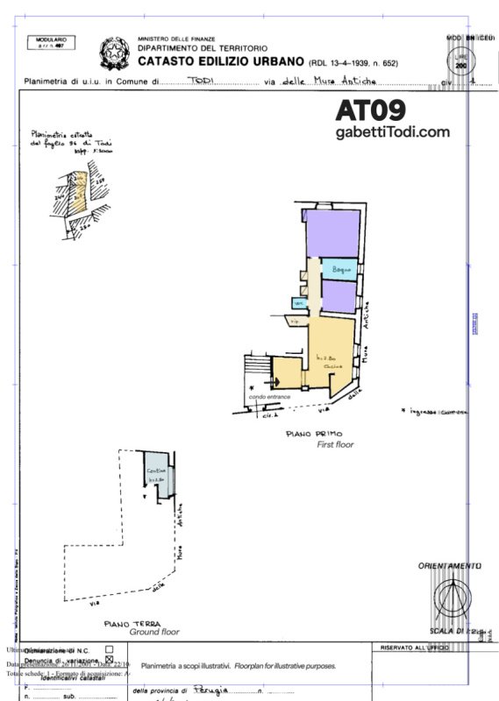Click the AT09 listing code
(370, 110)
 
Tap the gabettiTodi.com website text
(392, 132)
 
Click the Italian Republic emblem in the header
(112, 52)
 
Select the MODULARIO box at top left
(52, 43)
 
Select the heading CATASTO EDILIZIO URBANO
(219, 63)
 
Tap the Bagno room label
(340, 270)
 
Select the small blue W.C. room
(299, 303)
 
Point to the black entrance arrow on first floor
(253, 386)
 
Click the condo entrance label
(269, 397)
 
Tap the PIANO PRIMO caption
(314, 434)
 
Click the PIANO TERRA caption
(132, 623)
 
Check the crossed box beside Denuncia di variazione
(110, 660)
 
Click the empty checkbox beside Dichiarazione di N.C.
(110, 649)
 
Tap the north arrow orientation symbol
(450, 600)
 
